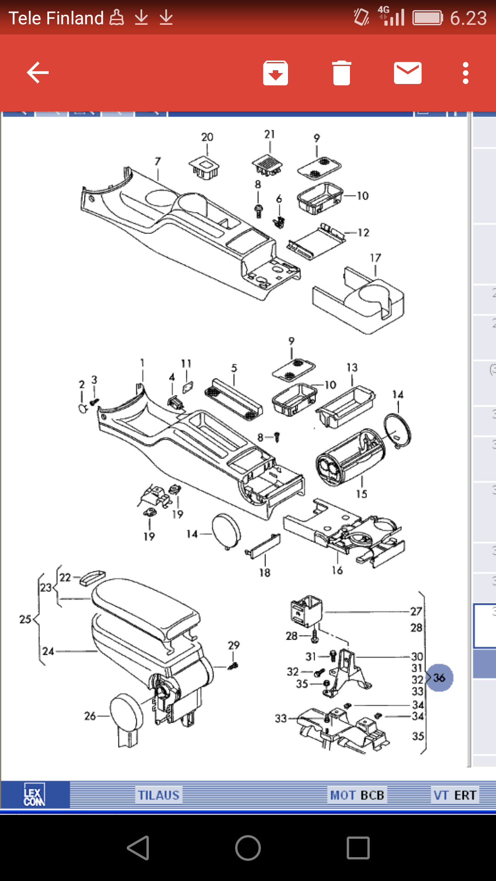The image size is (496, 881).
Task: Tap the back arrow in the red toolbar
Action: click(x=38, y=72)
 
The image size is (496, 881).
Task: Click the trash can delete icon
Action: click(x=341, y=73)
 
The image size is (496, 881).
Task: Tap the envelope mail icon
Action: click(x=407, y=73)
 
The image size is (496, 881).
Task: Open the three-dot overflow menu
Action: click(x=465, y=73)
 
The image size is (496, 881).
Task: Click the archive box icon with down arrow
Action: click(x=276, y=73)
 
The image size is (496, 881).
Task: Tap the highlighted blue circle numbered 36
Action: click(x=439, y=678)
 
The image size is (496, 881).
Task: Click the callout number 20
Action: click(x=207, y=137)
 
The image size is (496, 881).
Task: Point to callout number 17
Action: click(x=375, y=258)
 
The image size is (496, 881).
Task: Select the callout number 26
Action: click(x=90, y=716)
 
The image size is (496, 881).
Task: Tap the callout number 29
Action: click(x=234, y=645)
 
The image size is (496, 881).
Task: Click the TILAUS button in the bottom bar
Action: click(x=159, y=795)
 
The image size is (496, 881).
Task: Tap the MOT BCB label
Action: click(x=357, y=795)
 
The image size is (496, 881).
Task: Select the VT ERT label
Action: click(x=455, y=795)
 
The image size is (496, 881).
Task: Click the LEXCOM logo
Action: click(x=34, y=795)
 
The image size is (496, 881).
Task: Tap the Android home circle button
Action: click(x=248, y=848)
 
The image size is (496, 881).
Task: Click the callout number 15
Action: click(x=361, y=494)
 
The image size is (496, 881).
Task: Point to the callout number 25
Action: click(x=25, y=619)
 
